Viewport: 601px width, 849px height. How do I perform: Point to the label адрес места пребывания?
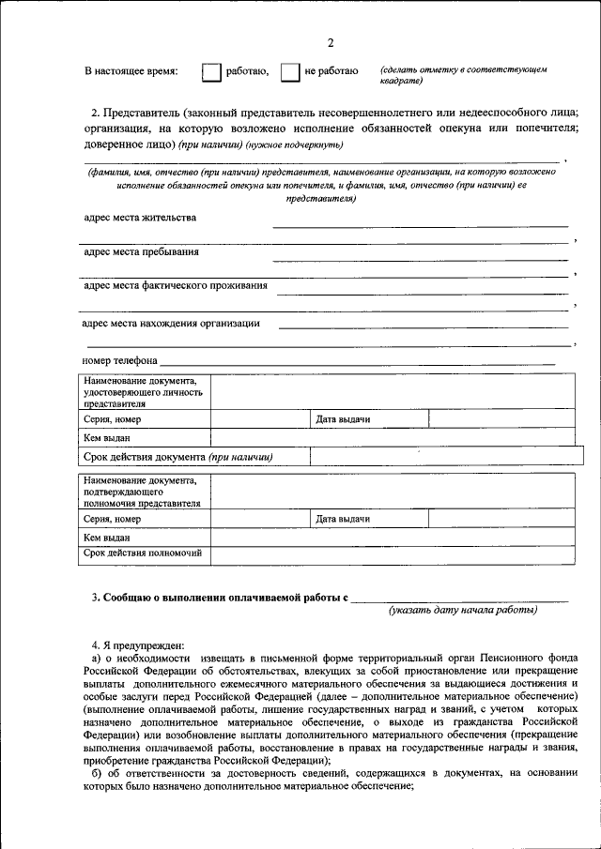point(141,251)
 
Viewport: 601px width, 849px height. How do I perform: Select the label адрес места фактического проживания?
point(175,285)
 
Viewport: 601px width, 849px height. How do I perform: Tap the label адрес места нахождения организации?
point(171,324)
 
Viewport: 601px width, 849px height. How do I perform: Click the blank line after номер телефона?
point(357,360)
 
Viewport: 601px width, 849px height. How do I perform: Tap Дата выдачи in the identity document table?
point(343,419)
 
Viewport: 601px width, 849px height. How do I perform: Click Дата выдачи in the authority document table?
point(343,519)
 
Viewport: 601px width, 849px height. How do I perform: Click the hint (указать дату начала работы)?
point(464,610)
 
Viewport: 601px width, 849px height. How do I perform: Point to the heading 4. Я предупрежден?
point(138,646)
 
